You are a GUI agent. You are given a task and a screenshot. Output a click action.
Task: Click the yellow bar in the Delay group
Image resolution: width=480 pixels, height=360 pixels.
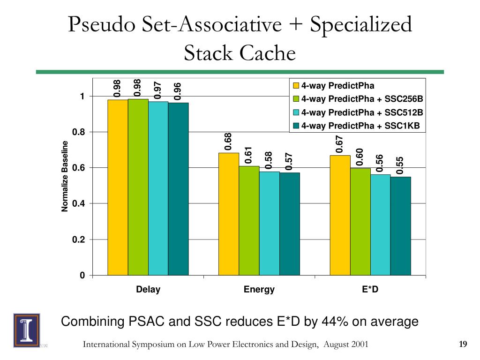pos(118,187)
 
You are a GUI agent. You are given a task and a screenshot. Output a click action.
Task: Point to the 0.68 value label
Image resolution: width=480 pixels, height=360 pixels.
pos(228,142)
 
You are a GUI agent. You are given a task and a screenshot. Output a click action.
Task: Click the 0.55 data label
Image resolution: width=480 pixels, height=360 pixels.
pos(400,165)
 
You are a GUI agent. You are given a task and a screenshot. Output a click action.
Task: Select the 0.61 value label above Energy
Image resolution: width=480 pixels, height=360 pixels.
pos(249,155)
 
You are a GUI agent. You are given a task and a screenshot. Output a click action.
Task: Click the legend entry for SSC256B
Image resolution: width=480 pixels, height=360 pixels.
pos(361,99)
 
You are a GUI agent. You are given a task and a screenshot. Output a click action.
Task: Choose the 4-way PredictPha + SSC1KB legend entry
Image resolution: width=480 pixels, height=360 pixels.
pos(360,125)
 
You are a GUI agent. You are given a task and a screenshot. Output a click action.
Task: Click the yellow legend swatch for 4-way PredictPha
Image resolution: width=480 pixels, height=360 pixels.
pos(296,86)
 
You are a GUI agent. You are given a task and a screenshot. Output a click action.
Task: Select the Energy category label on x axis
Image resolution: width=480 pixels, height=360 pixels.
pos(259,289)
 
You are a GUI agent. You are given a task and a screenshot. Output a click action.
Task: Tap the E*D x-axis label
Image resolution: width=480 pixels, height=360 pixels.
pos(370,289)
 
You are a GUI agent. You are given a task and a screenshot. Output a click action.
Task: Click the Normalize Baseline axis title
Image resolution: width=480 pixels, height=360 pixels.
pos(65,176)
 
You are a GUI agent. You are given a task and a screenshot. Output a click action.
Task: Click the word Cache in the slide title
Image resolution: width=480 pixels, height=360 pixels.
pos(268,53)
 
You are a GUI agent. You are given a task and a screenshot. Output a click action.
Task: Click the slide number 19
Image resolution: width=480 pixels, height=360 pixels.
pos(463,345)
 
